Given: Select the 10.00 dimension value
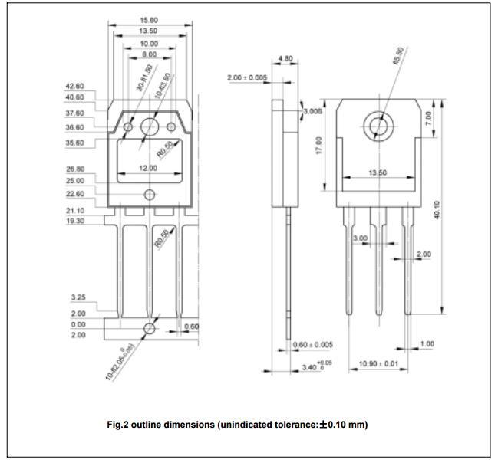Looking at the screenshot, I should tap(149, 44).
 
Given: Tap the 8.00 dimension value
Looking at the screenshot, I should tap(149, 55).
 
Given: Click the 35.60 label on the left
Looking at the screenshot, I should tap(74, 143).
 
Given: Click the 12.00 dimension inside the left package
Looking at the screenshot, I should tap(149, 168).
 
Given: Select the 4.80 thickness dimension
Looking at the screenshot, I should tap(284, 58).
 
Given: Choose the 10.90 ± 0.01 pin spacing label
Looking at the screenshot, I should tap(374, 363).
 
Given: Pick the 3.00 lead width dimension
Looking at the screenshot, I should tap(358, 239).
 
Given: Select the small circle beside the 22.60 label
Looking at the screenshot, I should tap(149, 194).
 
